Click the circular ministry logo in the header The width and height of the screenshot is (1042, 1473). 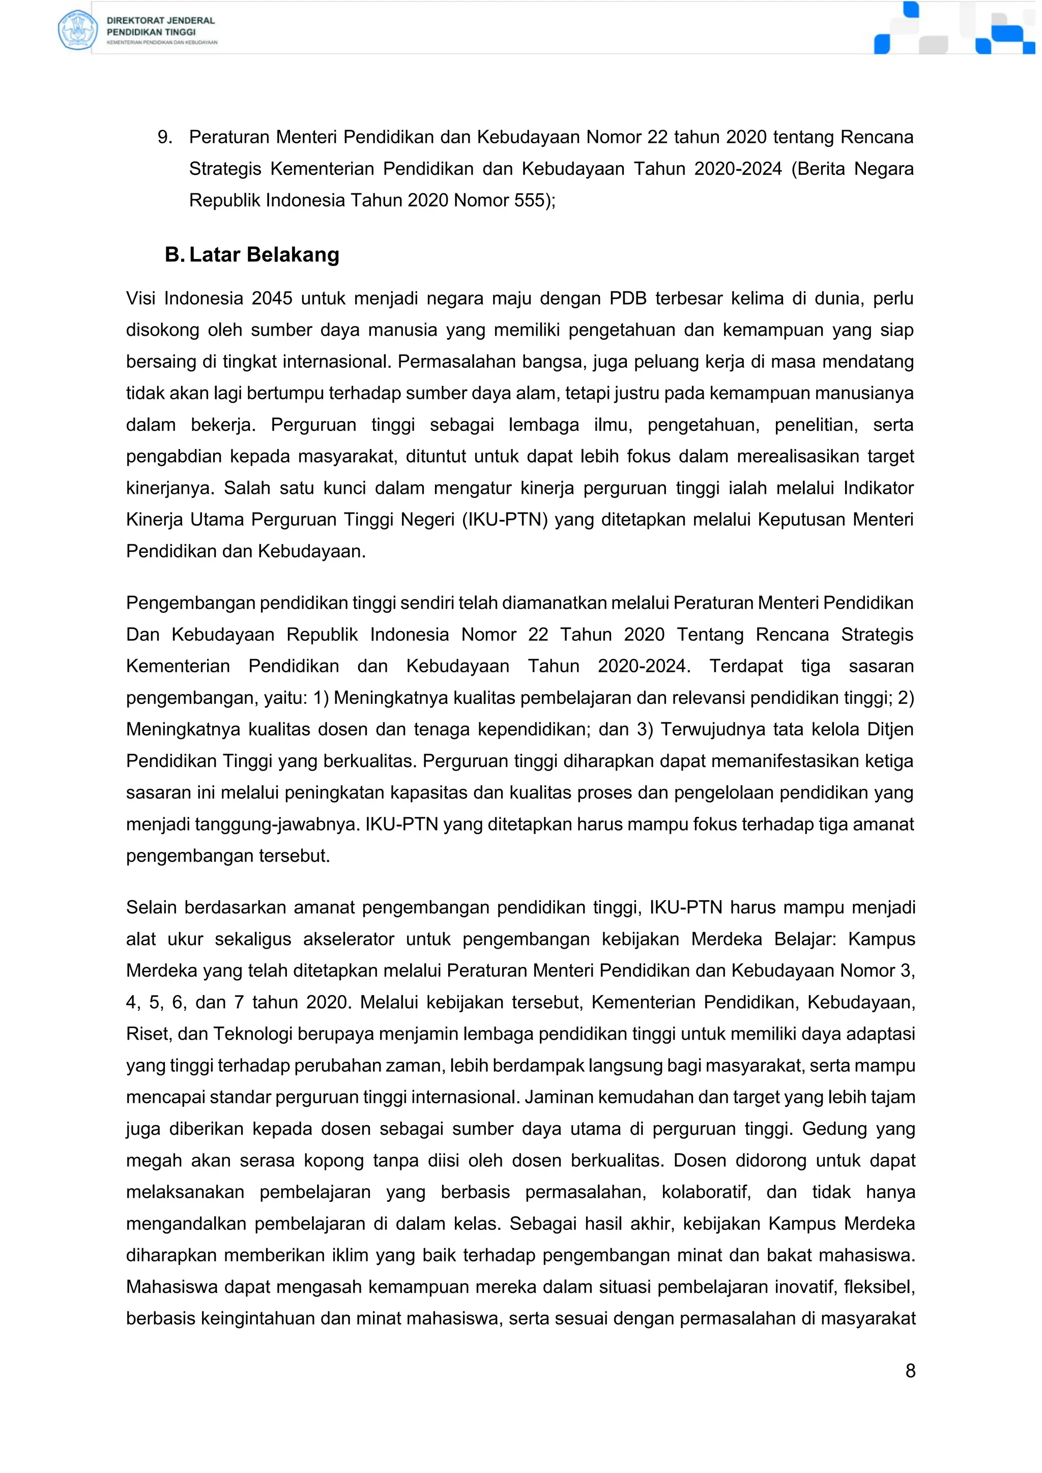[76, 30]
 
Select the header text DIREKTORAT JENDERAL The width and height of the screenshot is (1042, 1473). [160, 20]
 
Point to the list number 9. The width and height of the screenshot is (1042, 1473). [164, 137]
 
